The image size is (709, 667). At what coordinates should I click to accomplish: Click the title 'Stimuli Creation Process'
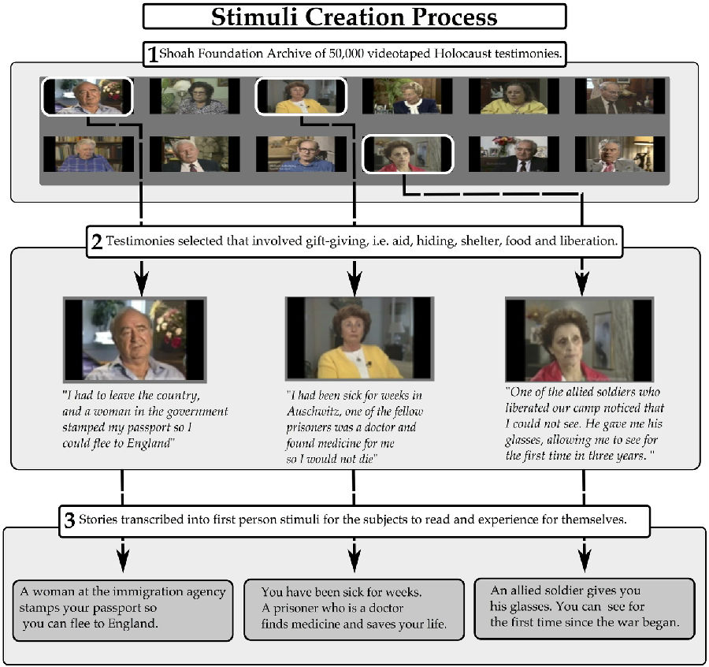(354, 17)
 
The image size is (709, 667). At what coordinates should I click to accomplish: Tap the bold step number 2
(97, 241)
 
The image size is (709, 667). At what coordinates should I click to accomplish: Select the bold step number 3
(69, 520)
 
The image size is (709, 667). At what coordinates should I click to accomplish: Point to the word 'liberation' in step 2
(584, 241)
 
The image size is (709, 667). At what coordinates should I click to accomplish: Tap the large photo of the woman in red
(579, 339)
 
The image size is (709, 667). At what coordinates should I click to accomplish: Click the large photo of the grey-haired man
(135, 339)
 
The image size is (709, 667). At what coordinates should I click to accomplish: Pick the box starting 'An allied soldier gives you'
(584, 608)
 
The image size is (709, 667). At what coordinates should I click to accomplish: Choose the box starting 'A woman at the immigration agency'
(124, 609)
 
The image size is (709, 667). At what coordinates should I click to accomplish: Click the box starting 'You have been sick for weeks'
(354, 609)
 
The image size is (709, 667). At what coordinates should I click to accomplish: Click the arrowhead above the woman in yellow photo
(354, 279)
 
